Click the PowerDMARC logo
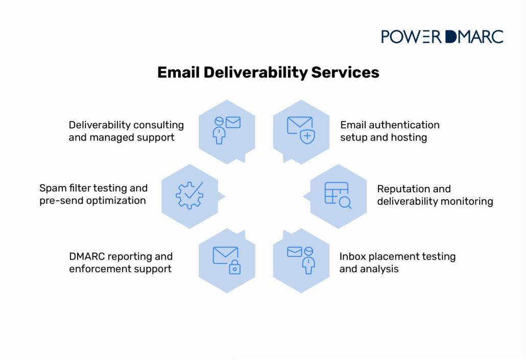click(442, 37)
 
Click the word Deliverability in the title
click(255, 73)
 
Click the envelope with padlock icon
click(226, 260)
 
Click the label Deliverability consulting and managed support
click(126, 131)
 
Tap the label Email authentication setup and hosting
click(390, 131)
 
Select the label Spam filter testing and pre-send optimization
click(93, 195)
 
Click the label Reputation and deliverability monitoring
click(435, 195)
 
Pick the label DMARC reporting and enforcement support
click(121, 262)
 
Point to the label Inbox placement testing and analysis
click(397, 262)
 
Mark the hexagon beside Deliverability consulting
click(226, 131)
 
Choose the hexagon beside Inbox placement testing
click(301, 260)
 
